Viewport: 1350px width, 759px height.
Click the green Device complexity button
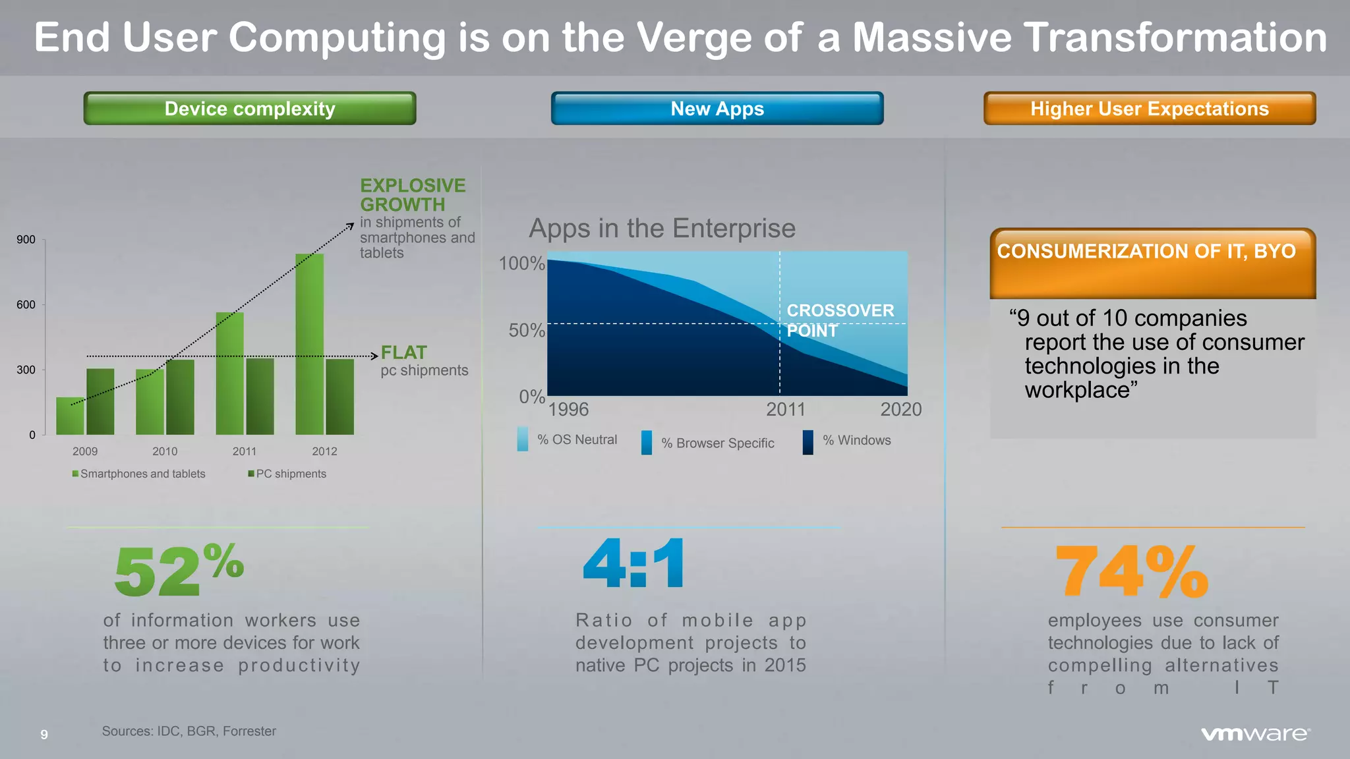click(249, 109)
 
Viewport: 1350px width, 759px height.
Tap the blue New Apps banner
click(717, 109)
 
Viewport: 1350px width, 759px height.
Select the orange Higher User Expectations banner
click(1149, 109)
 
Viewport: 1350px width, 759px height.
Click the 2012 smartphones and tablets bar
click(309, 344)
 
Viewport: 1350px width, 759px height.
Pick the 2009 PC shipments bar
click(100, 402)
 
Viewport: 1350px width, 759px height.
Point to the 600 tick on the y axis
click(26, 304)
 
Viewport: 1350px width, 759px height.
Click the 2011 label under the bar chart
click(244, 451)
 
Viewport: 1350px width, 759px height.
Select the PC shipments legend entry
click(287, 474)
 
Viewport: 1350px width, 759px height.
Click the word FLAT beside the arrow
click(404, 352)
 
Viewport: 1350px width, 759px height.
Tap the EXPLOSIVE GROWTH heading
click(413, 195)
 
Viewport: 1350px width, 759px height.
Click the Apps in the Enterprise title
click(662, 229)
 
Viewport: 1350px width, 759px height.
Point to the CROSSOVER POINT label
click(840, 320)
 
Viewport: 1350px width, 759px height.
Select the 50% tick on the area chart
click(526, 330)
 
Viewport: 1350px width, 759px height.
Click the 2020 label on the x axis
click(900, 409)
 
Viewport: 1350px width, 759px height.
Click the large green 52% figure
click(178, 570)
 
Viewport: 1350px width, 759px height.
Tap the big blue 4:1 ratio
click(633, 564)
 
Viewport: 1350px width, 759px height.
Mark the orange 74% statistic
click(1132, 571)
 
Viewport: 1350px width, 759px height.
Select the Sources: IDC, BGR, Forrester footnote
click(189, 731)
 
